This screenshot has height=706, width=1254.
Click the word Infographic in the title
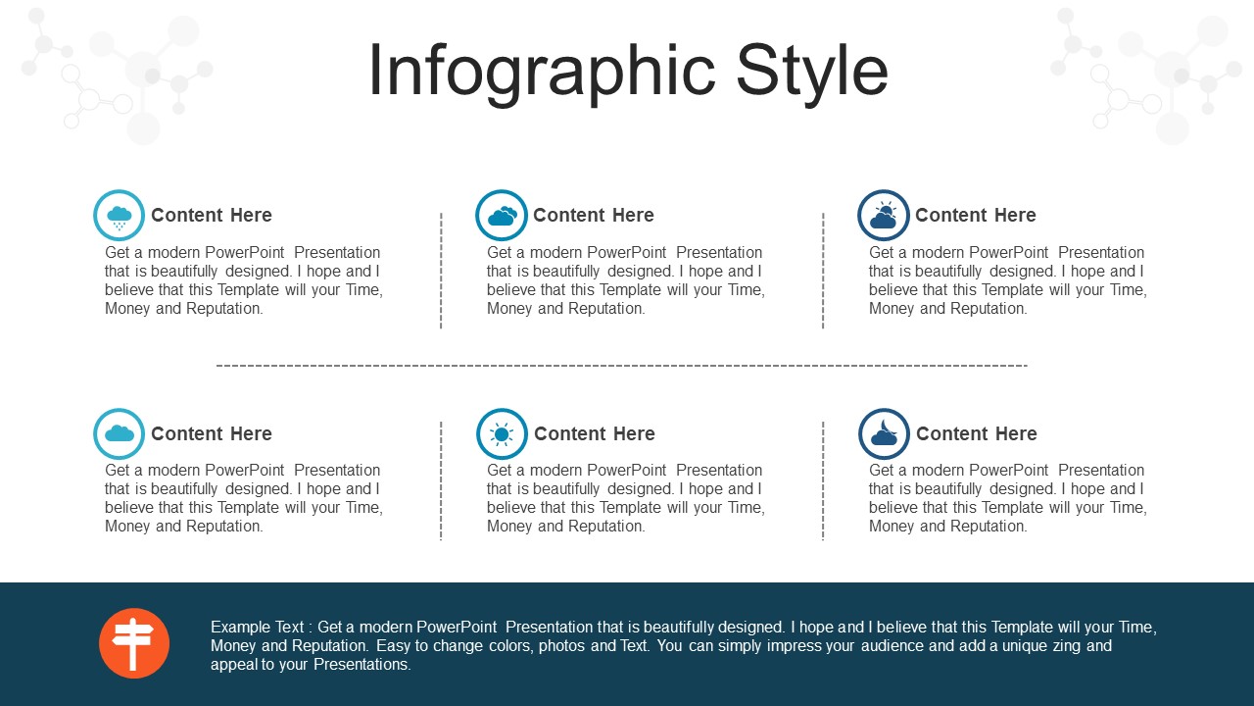pyautogui.click(x=542, y=73)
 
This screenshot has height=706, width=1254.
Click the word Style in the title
pyautogui.click(x=812, y=73)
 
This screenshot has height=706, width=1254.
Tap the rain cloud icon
pyautogui.click(x=119, y=215)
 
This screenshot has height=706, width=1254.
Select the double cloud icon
pyautogui.click(x=501, y=215)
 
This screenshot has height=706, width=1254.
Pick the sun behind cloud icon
pyautogui.click(x=884, y=215)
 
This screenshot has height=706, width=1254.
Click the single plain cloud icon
pyautogui.click(x=119, y=433)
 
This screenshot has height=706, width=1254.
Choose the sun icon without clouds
pyautogui.click(x=502, y=433)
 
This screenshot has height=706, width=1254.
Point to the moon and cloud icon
pyautogui.click(x=884, y=433)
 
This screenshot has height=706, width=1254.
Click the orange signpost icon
pyautogui.click(x=134, y=643)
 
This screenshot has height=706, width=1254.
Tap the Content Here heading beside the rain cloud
pyautogui.click(x=212, y=215)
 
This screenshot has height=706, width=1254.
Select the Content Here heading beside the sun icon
pyautogui.click(x=595, y=433)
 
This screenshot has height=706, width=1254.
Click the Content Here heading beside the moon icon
pyautogui.click(x=977, y=433)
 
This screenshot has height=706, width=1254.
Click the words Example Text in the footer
pyautogui.click(x=258, y=627)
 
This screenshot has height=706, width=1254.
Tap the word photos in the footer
pyautogui.click(x=562, y=646)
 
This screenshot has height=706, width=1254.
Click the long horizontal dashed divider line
pyautogui.click(x=621, y=366)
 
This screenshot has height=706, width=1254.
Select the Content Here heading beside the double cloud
pyautogui.click(x=594, y=215)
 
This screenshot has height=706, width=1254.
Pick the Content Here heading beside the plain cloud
pyautogui.click(x=212, y=433)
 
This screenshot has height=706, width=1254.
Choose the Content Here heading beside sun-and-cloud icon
pyautogui.click(x=976, y=215)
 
